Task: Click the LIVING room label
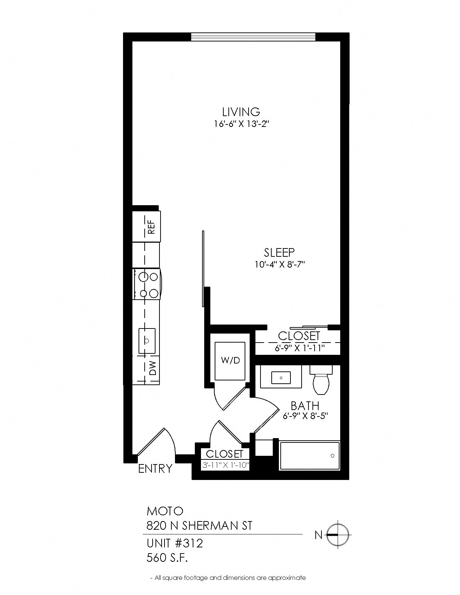pos(241,112)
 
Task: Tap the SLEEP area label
pos(279,252)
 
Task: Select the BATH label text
pos(305,405)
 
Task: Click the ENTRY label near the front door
pos(155,469)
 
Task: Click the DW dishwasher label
pos(152,368)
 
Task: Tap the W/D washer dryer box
pos(230,361)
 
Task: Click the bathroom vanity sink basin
pos(281,378)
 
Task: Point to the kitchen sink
pos(147,341)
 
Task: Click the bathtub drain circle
pos(332,456)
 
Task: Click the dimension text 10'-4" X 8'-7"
pos(280,265)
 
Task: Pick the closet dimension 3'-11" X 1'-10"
pos(225,465)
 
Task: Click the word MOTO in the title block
pos(165,510)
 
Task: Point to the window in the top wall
pos(253,37)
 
